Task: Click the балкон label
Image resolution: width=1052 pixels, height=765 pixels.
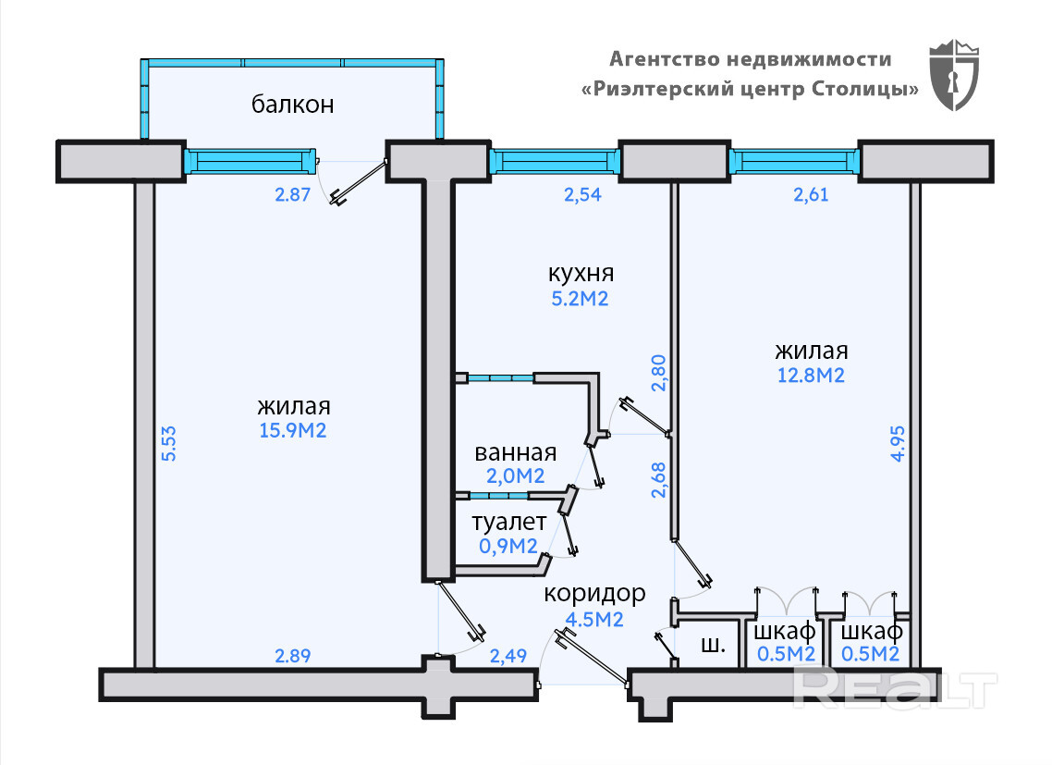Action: (292, 105)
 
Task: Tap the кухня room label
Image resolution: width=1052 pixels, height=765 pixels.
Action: (581, 274)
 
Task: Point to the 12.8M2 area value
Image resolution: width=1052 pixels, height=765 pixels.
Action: (810, 376)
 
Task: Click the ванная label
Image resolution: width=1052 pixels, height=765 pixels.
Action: (515, 453)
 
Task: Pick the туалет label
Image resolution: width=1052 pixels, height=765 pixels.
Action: (508, 523)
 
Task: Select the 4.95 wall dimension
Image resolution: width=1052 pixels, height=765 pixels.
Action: (898, 450)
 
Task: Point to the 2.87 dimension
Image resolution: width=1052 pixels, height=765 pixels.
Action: (291, 194)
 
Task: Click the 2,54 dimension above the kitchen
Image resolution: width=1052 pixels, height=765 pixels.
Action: (583, 194)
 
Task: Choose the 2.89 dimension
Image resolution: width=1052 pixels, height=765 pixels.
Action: (293, 656)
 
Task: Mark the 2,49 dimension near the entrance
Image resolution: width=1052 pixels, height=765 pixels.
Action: (508, 657)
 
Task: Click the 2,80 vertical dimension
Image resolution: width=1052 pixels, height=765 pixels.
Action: (659, 373)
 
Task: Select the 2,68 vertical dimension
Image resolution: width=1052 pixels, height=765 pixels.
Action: (659, 480)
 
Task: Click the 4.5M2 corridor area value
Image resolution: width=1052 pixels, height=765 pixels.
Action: (593, 619)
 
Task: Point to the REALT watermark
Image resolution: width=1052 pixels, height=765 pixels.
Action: (895, 688)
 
